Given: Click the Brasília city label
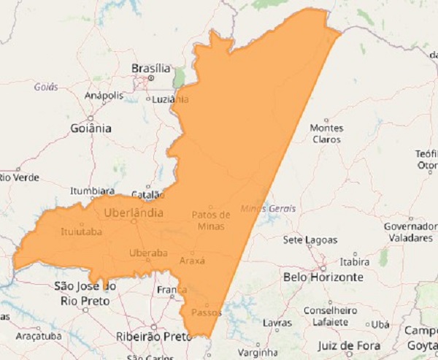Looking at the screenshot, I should (x=151, y=68).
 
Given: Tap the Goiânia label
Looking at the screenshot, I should (x=91, y=128).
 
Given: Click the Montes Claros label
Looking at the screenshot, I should (x=327, y=134).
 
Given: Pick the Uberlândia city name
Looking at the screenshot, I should (x=134, y=213).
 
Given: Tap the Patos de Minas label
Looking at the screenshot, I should (x=211, y=220).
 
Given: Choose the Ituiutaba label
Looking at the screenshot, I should (x=81, y=232).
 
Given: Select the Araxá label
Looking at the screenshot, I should (x=192, y=261).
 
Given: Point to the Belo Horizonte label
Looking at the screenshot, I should (x=323, y=277).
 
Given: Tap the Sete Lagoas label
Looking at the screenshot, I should (x=310, y=240).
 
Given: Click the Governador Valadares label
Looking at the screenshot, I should (x=410, y=232).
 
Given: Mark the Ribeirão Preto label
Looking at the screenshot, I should (x=154, y=336).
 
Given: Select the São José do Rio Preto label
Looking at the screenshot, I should (x=85, y=293).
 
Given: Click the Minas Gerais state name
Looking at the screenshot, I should (x=269, y=208).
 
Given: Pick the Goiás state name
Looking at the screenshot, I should (x=46, y=86).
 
